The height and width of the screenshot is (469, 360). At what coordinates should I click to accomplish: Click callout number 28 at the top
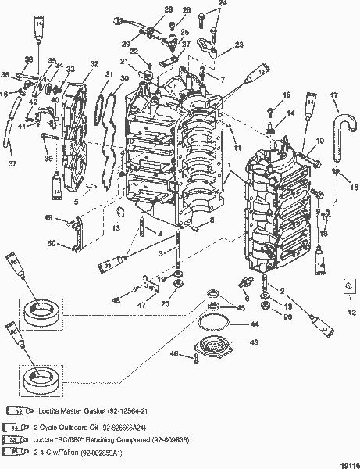point(169,9)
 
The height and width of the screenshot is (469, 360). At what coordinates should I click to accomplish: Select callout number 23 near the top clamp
point(239,45)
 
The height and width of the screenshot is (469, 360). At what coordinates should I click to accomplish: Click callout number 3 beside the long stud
point(159,253)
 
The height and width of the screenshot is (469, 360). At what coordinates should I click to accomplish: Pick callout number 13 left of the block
point(115,228)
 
